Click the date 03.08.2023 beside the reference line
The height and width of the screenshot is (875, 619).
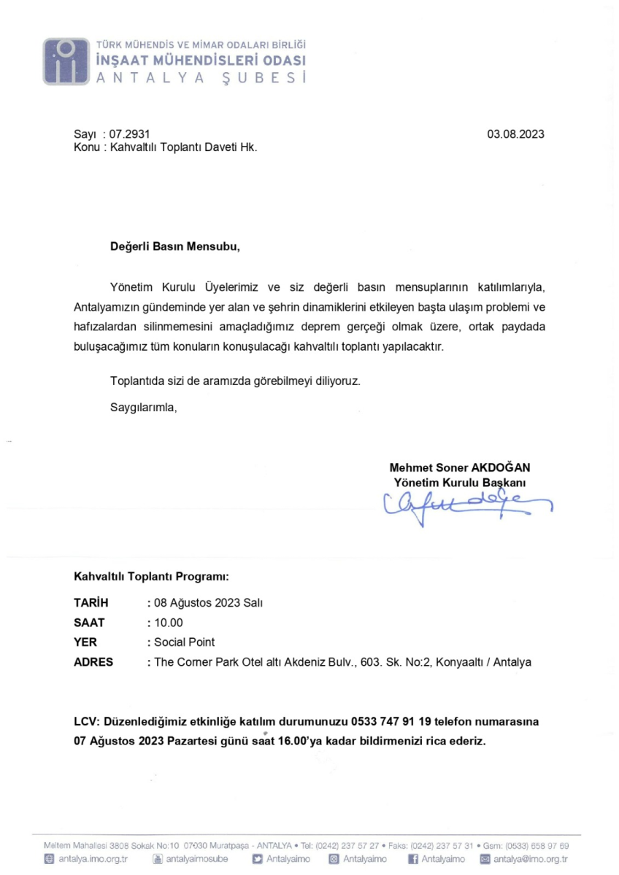(515, 134)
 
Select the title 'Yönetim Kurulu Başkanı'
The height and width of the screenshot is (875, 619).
(461, 482)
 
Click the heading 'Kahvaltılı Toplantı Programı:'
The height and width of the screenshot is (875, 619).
(152, 576)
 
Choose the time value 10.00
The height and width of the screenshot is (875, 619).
(167, 622)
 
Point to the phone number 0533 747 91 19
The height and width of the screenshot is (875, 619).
(392, 722)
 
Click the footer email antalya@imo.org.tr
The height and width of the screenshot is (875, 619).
(531, 858)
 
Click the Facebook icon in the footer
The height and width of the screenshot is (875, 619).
(413, 858)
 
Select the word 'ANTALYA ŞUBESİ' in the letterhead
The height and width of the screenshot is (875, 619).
(200, 77)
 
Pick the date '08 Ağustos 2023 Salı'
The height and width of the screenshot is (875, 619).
(206, 602)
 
